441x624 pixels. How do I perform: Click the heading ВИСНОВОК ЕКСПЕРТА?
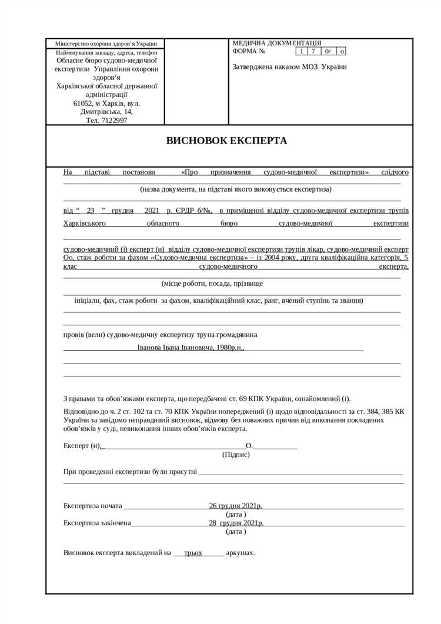[x=226, y=141]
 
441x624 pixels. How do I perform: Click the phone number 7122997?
[x=114, y=120]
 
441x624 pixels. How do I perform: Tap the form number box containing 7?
[x=313, y=51]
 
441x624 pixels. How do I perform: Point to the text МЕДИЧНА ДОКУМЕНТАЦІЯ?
[x=276, y=43]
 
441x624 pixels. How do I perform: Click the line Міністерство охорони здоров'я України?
[x=106, y=44]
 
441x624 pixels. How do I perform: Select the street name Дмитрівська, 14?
[x=106, y=111]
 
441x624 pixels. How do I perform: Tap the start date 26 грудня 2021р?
[x=235, y=505]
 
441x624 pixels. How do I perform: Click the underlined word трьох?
[x=193, y=553]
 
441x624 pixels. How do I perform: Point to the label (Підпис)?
[x=236, y=454]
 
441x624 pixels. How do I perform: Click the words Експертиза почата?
[x=92, y=505]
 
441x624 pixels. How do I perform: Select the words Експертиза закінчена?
[x=97, y=522]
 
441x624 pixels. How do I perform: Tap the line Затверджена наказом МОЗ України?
[x=289, y=66]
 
